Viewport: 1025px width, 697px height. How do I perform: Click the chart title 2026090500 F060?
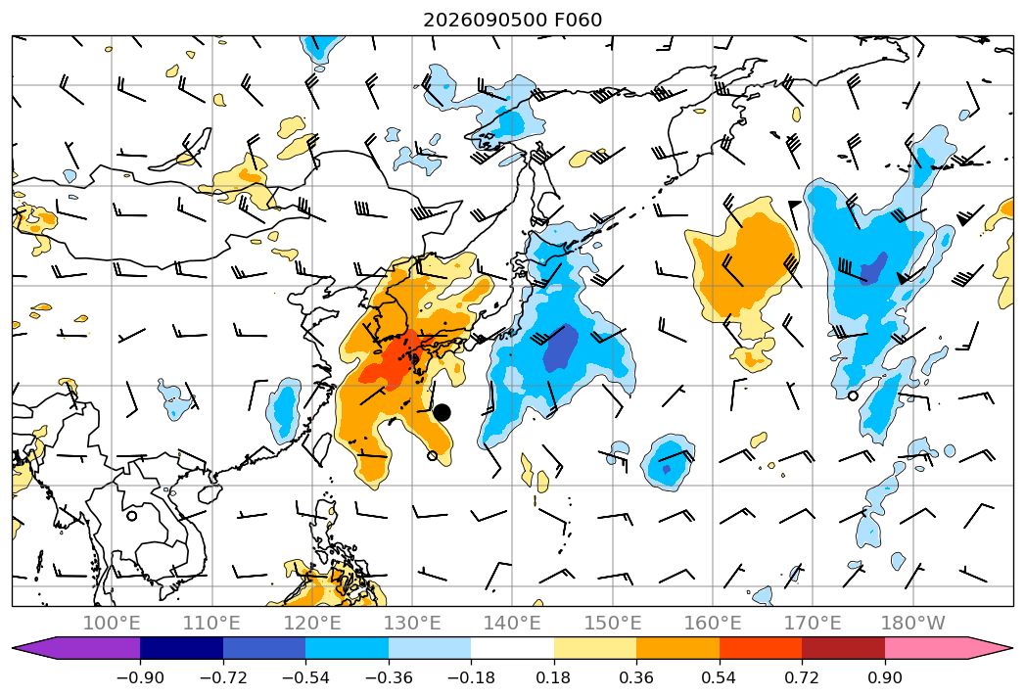click(513, 20)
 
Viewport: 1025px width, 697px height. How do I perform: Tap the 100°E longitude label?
click(112, 623)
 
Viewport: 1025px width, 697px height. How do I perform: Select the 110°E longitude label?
click(211, 623)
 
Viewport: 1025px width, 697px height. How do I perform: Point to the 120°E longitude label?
click(312, 623)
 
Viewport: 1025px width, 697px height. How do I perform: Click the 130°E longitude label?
click(412, 623)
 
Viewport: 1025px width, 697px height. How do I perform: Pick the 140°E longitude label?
click(512, 623)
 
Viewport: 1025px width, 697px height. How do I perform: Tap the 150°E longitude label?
click(613, 623)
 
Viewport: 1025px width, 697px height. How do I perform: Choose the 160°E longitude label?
click(713, 623)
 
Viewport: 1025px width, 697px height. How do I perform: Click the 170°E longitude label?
click(813, 623)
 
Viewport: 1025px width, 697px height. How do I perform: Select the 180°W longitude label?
click(912, 623)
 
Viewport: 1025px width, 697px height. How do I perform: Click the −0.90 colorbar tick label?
click(140, 677)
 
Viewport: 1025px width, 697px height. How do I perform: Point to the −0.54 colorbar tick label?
click(305, 677)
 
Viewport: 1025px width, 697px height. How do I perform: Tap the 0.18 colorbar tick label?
click(553, 677)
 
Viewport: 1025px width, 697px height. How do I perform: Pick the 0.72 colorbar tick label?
click(802, 677)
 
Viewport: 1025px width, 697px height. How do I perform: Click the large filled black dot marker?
click(442, 412)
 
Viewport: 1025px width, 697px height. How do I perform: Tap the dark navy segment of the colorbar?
click(181, 648)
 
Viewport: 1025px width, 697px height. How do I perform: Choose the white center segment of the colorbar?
click(512, 648)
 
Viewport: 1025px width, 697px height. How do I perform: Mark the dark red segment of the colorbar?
click(843, 648)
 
